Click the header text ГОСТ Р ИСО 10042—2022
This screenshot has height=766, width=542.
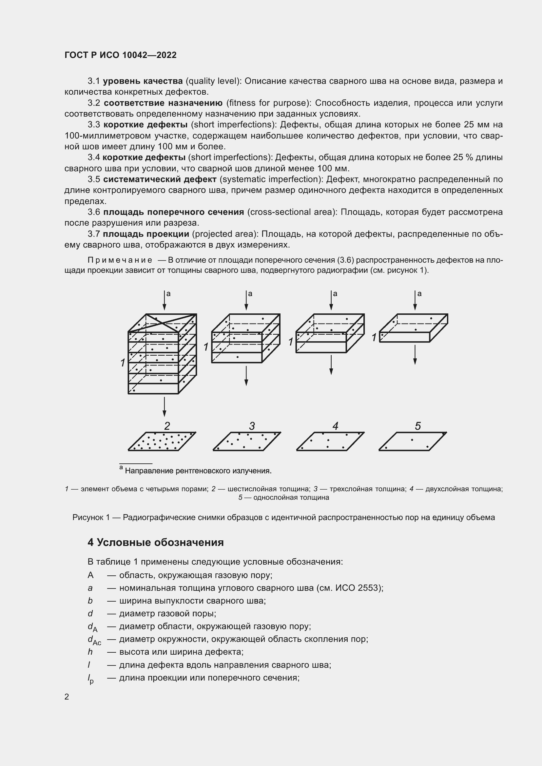coord(120,55)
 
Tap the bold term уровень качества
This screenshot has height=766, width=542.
coord(143,81)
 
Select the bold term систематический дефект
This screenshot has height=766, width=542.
coord(160,179)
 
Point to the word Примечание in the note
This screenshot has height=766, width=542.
coord(120,260)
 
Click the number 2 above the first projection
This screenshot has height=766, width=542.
coord(167,426)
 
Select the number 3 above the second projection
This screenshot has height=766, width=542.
coord(252,426)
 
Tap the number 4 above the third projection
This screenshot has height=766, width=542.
coord(336,426)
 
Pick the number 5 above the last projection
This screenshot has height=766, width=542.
coord(418,426)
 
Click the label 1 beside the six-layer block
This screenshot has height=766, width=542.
coord(123,362)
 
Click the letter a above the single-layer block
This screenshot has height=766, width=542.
coord(419,293)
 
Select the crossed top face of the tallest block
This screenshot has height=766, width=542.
coord(163,323)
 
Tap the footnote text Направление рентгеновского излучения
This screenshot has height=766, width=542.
coord(198,471)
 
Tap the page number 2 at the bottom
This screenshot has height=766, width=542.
coord(67,697)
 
